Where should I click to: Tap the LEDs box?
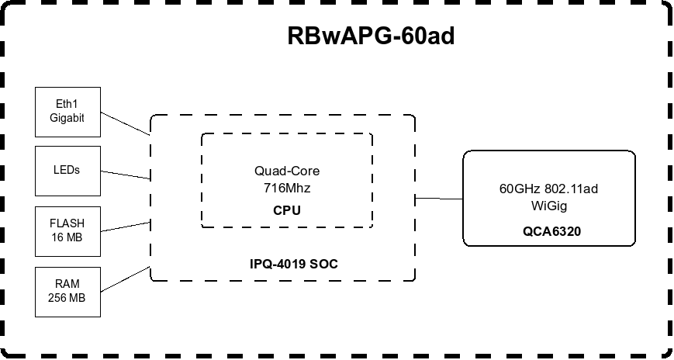68,170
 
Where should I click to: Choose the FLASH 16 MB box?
68,230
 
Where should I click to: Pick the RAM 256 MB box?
68,291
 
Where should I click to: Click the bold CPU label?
286,210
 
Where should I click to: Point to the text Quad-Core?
286,171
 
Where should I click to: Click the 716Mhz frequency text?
286,187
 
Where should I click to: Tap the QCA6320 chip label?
552,231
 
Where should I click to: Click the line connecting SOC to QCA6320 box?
439,199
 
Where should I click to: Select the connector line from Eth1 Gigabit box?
125,122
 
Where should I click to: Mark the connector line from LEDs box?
125,174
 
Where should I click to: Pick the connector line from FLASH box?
125,226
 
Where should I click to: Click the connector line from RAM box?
125,280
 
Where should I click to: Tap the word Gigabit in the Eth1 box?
68,118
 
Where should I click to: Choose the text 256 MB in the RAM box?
68,298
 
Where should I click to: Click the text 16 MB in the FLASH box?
68,237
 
